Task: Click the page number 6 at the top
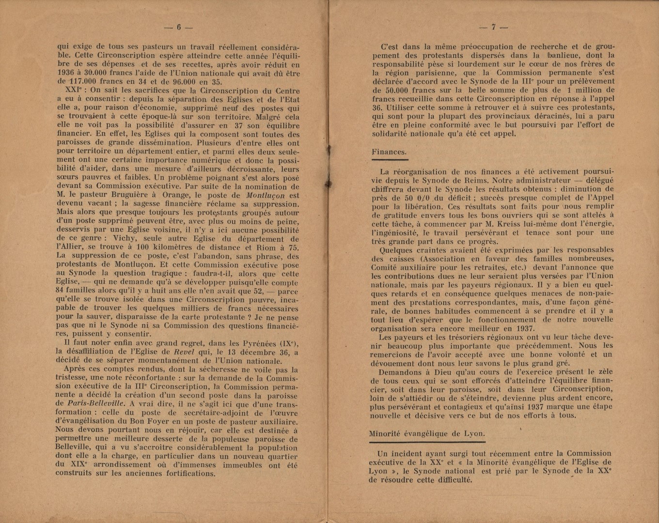pyautogui.click(x=178, y=28)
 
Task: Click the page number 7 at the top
pyautogui.click(x=493, y=28)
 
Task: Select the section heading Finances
pyautogui.click(x=389, y=152)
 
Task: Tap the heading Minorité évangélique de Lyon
pyautogui.click(x=427, y=433)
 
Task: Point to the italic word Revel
pyautogui.click(x=184, y=352)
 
